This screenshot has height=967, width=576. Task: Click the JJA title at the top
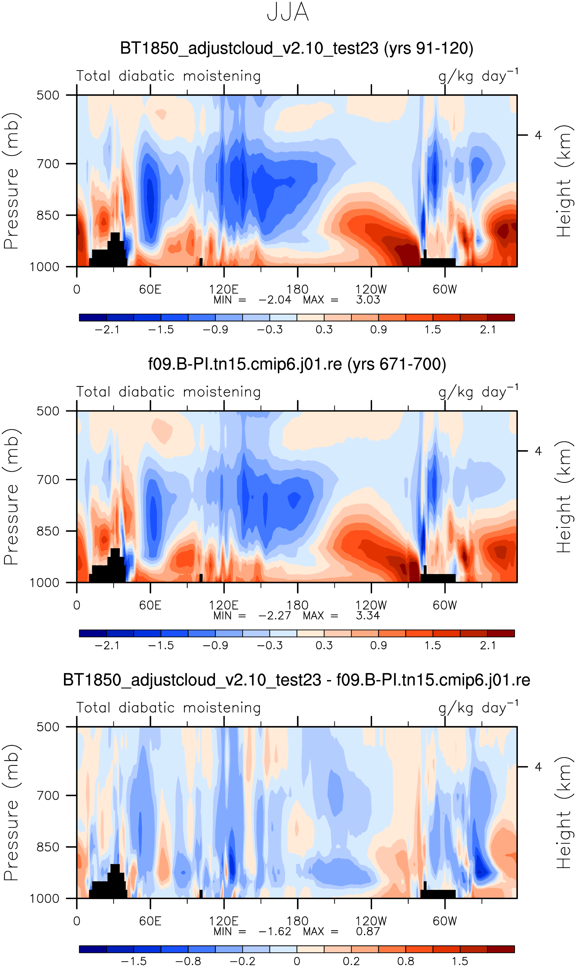pyautogui.click(x=288, y=12)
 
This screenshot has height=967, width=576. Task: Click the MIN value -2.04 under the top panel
pyautogui.click(x=275, y=300)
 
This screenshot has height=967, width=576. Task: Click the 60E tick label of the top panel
pyautogui.click(x=150, y=289)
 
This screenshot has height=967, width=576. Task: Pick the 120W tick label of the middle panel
pyautogui.click(x=371, y=605)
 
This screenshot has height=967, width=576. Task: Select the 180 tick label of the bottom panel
pyautogui.click(x=297, y=921)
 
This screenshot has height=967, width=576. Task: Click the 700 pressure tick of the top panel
pyautogui.click(x=48, y=164)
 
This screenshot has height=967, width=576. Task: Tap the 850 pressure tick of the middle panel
pyautogui.click(x=48, y=531)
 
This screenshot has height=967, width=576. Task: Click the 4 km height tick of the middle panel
pyautogui.click(x=538, y=451)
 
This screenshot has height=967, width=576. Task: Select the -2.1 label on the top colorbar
pyautogui.click(x=107, y=330)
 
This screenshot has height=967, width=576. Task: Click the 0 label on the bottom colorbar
pyautogui.click(x=297, y=961)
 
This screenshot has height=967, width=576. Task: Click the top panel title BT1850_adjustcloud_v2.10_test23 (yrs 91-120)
pyautogui.click(x=296, y=48)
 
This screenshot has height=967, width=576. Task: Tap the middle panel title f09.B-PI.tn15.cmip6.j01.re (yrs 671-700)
pyautogui.click(x=297, y=364)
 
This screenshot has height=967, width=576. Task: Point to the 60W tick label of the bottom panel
pyautogui.click(x=445, y=921)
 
